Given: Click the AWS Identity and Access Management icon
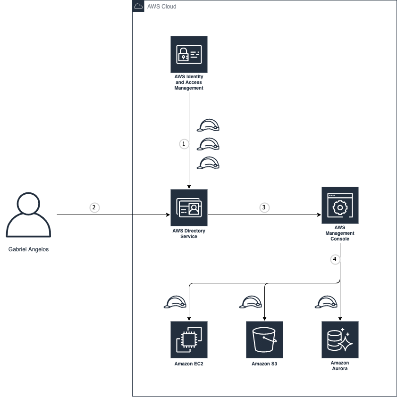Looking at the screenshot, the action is pos(189,54).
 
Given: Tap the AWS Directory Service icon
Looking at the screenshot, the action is pos(189,207).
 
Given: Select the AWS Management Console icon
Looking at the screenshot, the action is pos(340,205).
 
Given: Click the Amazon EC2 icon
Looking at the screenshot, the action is pos(189,340).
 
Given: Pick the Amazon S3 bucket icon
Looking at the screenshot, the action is pos(264,340).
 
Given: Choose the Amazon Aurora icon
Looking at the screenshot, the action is pos(340,340).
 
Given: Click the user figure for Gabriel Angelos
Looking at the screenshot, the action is pos(28,215).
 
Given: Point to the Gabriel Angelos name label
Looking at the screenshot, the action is pos(28,249).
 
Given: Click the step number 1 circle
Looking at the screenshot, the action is pos(184,144).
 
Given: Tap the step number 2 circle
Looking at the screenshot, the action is pos(94,207).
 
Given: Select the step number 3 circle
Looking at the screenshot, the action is pos(264,207).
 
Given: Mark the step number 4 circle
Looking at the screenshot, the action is pos(335,259).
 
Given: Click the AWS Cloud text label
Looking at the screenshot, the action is pos(162,7).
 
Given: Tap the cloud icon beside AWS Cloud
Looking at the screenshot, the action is pos(138,6).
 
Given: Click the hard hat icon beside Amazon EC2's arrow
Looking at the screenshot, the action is pos(175,302).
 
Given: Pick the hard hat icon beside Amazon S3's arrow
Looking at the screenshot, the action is pos(251,302).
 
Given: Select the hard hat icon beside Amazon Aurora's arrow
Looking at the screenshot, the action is pos(326,302).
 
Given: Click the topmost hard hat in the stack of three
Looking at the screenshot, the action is pos(208,125).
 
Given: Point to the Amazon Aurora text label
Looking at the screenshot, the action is pos(340,365).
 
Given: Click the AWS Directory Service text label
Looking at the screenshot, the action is pos(189,233).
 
